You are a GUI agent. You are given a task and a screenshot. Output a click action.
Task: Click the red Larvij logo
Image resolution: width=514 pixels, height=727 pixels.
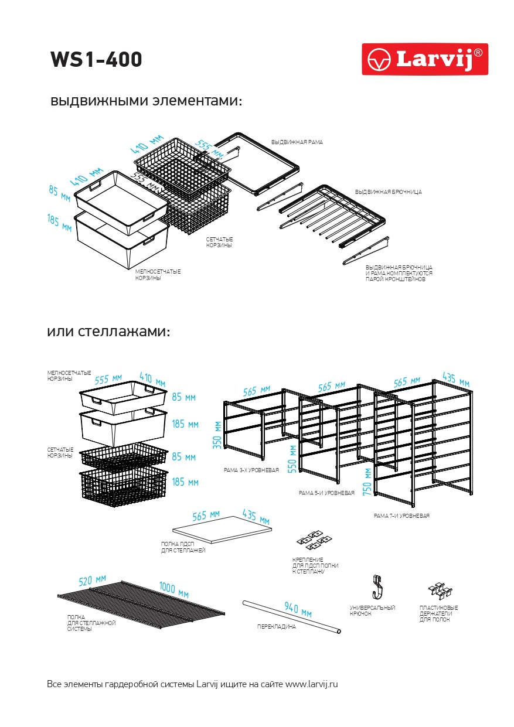tap(424, 59)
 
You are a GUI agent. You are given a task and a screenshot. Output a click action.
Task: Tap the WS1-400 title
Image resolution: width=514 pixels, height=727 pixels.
tap(96, 60)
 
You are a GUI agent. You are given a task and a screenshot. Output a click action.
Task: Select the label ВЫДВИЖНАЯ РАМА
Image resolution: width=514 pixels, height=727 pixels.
tap(297, 142)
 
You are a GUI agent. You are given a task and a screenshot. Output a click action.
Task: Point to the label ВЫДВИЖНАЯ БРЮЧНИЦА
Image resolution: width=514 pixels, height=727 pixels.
tap(388, 192)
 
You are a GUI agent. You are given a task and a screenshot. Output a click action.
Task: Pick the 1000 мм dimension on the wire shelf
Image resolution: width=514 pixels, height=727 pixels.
tap(173, 589)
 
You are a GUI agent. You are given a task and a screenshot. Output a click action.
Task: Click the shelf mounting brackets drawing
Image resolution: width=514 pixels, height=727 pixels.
tap(315, 538)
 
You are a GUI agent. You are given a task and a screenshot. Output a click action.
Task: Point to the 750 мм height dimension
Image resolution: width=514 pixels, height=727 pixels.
tap(367, 482)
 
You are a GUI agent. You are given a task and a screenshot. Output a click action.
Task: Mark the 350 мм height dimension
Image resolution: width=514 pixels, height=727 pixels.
tap(218, 434)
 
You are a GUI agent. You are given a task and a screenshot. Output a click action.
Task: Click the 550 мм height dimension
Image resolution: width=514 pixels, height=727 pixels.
tap(292, 458)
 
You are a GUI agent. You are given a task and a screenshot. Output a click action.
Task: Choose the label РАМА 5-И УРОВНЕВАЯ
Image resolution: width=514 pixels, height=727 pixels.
tap(326, 493)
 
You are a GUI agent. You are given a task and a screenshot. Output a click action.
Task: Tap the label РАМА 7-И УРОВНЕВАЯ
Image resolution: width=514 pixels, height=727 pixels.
tap(401, 516)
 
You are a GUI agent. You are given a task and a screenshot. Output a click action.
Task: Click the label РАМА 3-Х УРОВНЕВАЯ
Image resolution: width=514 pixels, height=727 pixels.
tap(251, 470)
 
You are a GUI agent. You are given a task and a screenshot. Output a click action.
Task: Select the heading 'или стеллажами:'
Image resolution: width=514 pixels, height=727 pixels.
tap(108, 332)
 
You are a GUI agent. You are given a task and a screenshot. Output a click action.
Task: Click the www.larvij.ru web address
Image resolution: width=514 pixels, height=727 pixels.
tap(312, 684)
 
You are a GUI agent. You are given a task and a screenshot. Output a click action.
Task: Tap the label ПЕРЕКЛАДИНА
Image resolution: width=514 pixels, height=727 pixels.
tap(277, 627)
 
